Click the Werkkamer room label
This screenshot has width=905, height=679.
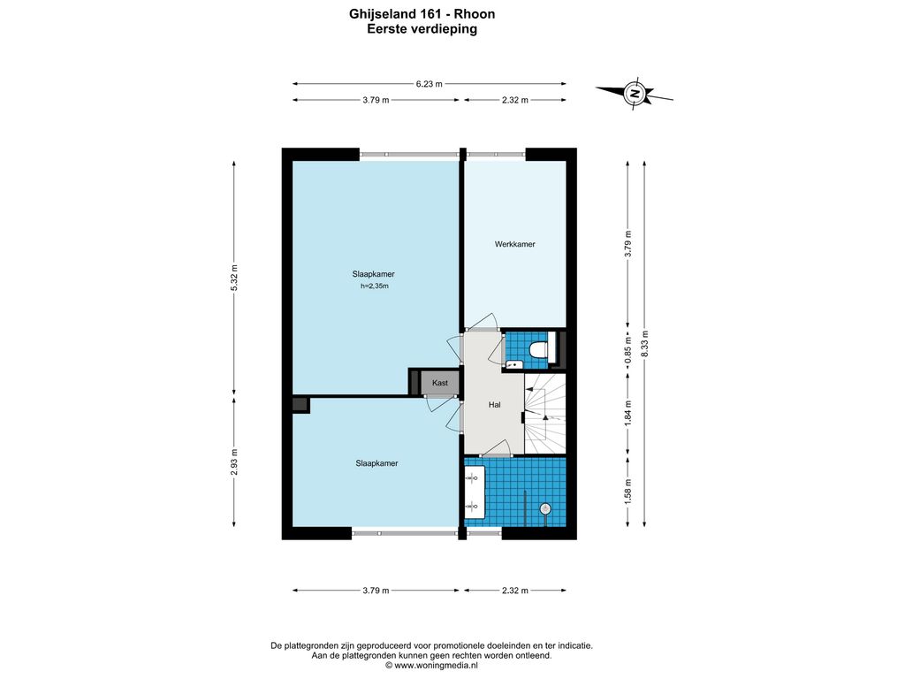tap(515, 244)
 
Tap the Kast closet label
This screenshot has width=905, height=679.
tap(440, 383)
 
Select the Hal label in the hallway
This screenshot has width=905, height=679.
tap(494, 405)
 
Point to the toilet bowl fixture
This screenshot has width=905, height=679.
tap(538, 350)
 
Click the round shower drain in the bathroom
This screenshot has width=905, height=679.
tap(544, 508)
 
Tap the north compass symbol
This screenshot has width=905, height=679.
tap(635, 93)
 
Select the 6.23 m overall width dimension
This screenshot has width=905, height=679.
tap(429, 84)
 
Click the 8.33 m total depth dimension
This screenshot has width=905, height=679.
tap(644, 344)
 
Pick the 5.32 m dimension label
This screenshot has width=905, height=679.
tap(233, 278)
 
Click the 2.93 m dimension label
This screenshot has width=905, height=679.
tap(233, 462)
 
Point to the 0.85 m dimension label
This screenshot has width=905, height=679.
tap(628, 350)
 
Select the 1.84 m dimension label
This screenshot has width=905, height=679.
tap(628, 415)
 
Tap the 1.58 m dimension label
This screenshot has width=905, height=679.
tap(628, 490)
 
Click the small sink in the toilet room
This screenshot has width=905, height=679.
tap(513, 364)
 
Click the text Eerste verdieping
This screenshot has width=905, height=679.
tap(422, 29)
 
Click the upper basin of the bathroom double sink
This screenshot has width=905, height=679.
tap(475, 478)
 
